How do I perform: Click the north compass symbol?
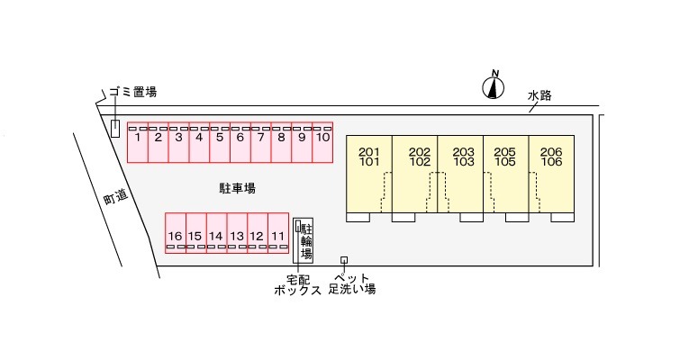tap(494, 85)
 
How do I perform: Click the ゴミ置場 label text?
tap(133, 92)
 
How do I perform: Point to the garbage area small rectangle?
tap(114, 129)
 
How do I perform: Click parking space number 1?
tap(136, 142)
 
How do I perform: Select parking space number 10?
tap(323, 142)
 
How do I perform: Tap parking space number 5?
tap(219, 142)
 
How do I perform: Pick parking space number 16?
tap(175, 232)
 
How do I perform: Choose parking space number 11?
tap(278, 232)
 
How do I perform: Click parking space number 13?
tap(237, 232)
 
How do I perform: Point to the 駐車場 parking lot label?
tap(237, 189)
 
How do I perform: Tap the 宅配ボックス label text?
tap(297, 284)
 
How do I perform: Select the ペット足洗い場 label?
tap(352, 284)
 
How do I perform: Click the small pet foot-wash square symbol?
tap(343, 260)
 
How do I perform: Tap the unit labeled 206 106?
tap(551, 175)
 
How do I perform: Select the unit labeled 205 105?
tap(505, 175)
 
